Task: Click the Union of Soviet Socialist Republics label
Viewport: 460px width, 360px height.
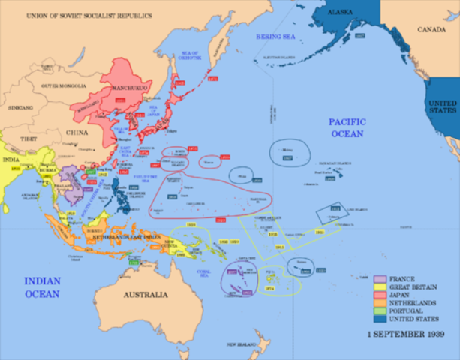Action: pos(88,16)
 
